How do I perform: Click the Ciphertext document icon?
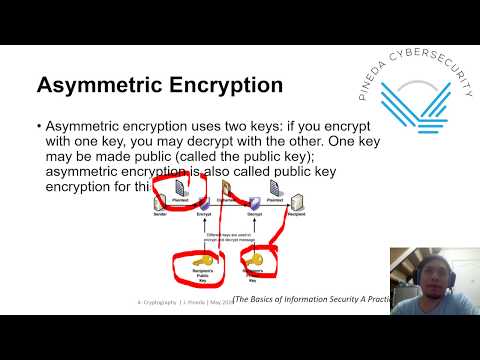pyautogui.click(x=228, y=186)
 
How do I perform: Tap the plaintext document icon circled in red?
pyautogui.click(x=181, y=186)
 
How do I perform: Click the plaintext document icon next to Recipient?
pyautogui.click(x=276, y=186)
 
